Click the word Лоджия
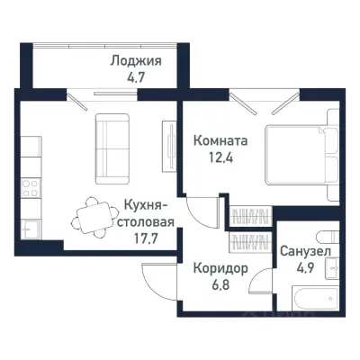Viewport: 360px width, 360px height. click(x=136, y=62)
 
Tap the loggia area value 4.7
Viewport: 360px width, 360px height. click(x=136, y=77)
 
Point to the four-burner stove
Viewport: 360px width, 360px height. click(x=30, y=190)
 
